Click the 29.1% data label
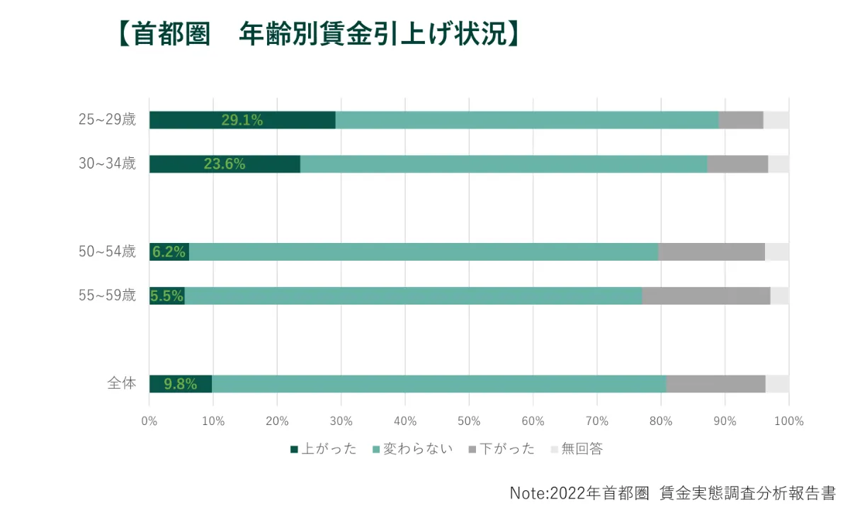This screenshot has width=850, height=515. [242, 120]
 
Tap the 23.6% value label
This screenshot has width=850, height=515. [225, 164]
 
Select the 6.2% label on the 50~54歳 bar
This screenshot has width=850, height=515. [169, 252]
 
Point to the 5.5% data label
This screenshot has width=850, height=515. [167, 296]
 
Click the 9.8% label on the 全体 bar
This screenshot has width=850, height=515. [181, 384]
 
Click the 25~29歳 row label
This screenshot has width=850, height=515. [107, 120]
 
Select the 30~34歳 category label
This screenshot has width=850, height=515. [107, 164]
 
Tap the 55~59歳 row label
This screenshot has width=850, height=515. [107, 295]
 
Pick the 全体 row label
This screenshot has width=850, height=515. [121, 383]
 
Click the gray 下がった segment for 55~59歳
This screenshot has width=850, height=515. [705, 296]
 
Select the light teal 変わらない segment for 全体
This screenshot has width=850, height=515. [439, 384]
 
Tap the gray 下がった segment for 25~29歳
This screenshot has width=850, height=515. [741, 120]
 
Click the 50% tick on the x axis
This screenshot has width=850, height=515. [469, 421]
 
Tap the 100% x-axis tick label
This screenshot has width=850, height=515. [789, 421]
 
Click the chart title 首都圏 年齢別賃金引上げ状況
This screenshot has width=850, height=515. [318, 35]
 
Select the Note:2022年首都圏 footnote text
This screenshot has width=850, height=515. [673, 492]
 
